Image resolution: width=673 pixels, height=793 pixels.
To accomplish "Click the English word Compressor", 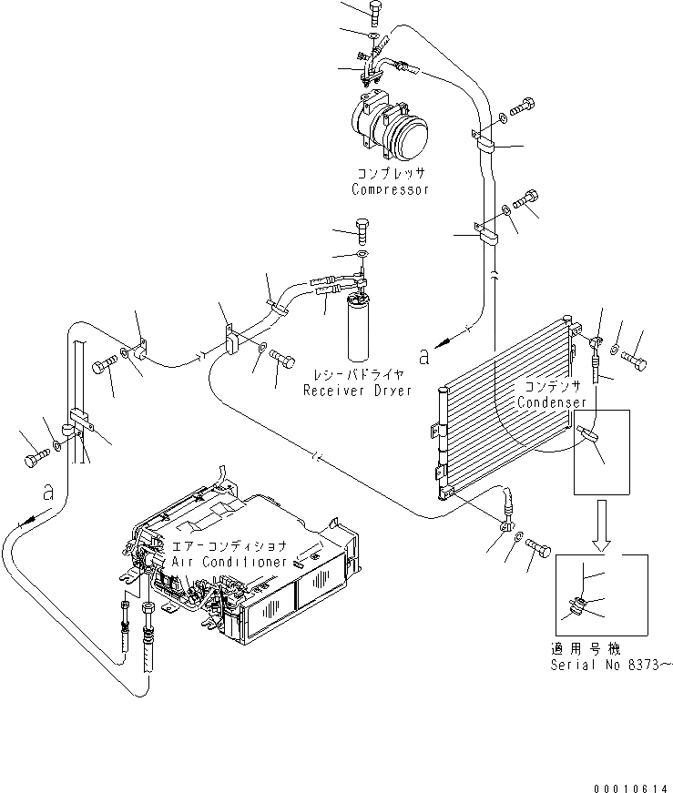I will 390,190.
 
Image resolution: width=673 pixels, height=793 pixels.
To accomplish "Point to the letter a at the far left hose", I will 48,493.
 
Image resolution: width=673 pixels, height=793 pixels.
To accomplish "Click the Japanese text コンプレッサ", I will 390,173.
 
